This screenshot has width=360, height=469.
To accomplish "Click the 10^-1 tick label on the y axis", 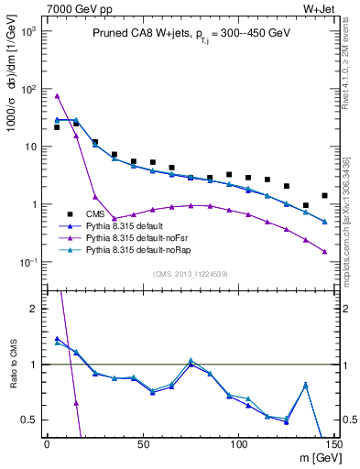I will pyautogui.click(x=27, y=263).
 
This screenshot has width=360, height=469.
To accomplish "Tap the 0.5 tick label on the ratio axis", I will pyautogui.click(x=30, y=420).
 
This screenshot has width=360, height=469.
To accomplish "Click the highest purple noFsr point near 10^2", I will pyautogui.click(x=57, y=95).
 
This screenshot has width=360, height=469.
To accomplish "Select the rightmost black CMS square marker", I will pyautogui.click(x=325, y=195).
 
